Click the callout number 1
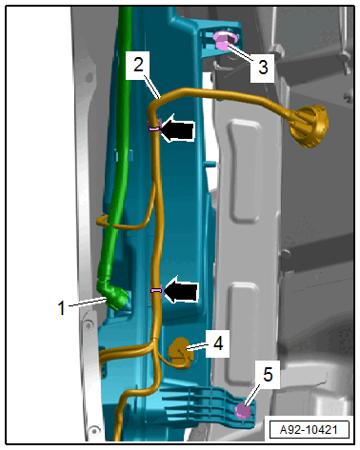pos(61,307)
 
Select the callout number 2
pos(138,65)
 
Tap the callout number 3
pos(263,68)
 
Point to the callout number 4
pos(218,343)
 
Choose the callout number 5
pos(268,374)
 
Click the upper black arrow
pos(178,129)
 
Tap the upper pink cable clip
pos(154,128)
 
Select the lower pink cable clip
pos(155,290)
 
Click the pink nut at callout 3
pos(225,41)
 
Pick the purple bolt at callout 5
pos(243,411)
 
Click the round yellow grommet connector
pos(310,127)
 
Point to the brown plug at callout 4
pos(181,352)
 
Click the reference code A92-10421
pos(309,430)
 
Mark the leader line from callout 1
pos(88,302)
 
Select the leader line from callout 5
pos(253,394)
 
